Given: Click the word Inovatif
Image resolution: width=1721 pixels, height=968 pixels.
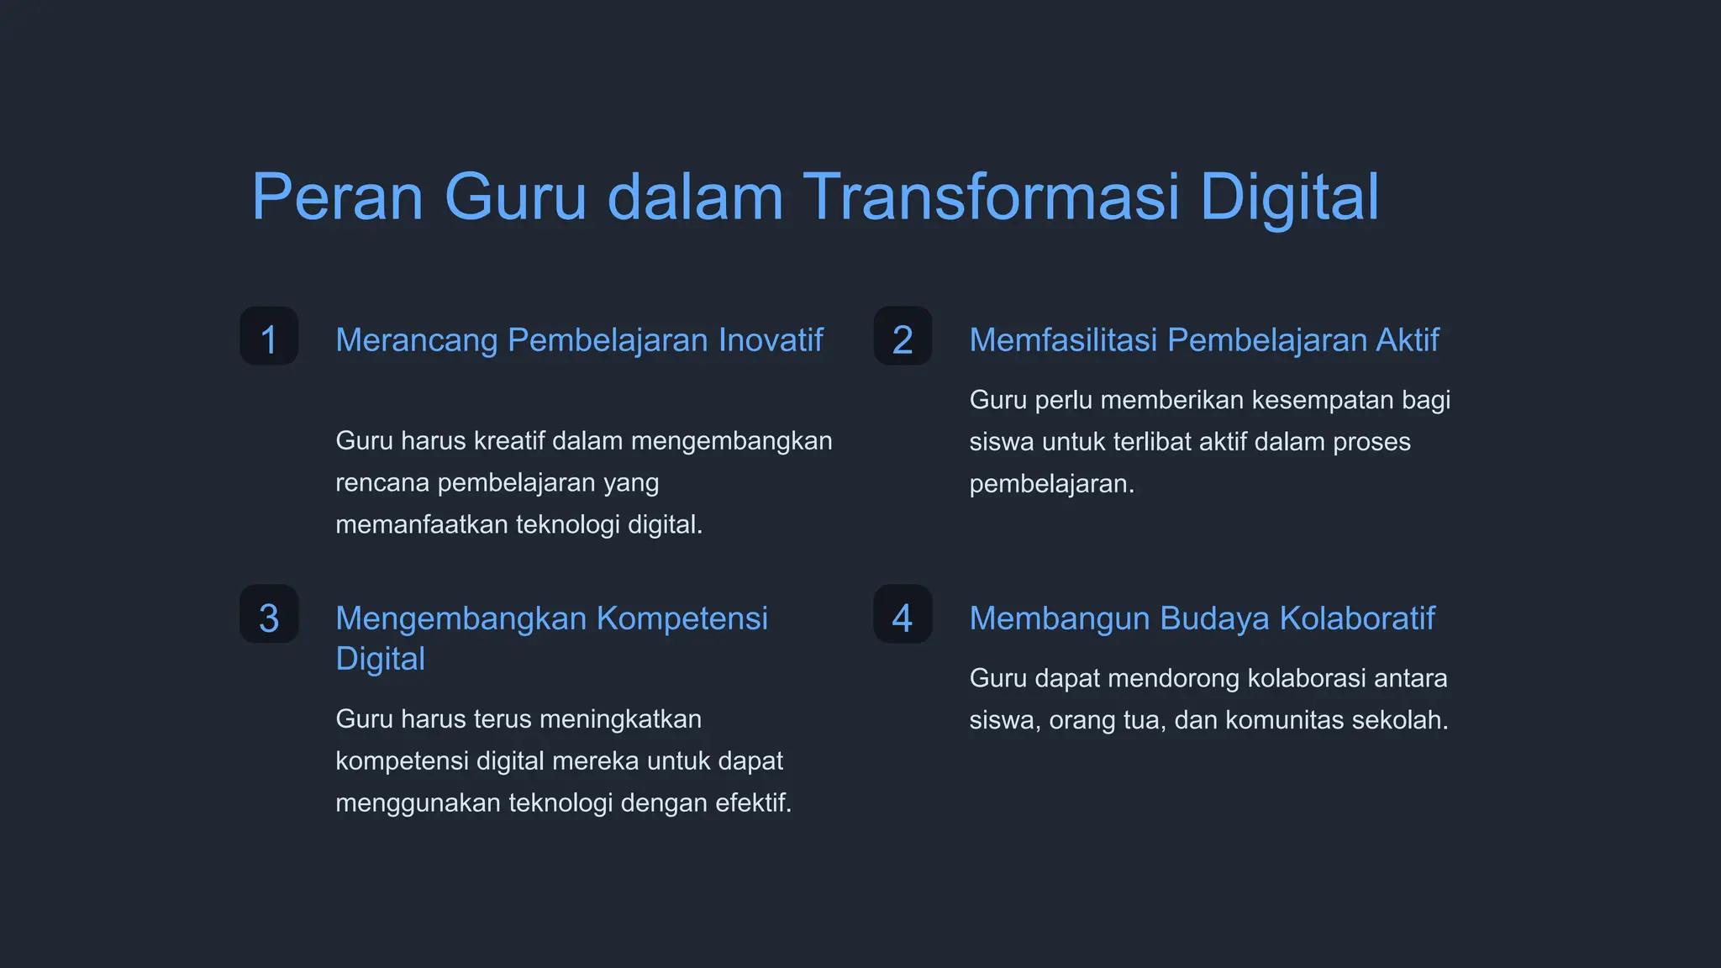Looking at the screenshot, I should click(x=771, y=340).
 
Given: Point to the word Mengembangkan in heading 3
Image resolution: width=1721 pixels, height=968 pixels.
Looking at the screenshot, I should click(x=461, y=618).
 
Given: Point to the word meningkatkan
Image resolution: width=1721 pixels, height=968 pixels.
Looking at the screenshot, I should click(x=620, y=719).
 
